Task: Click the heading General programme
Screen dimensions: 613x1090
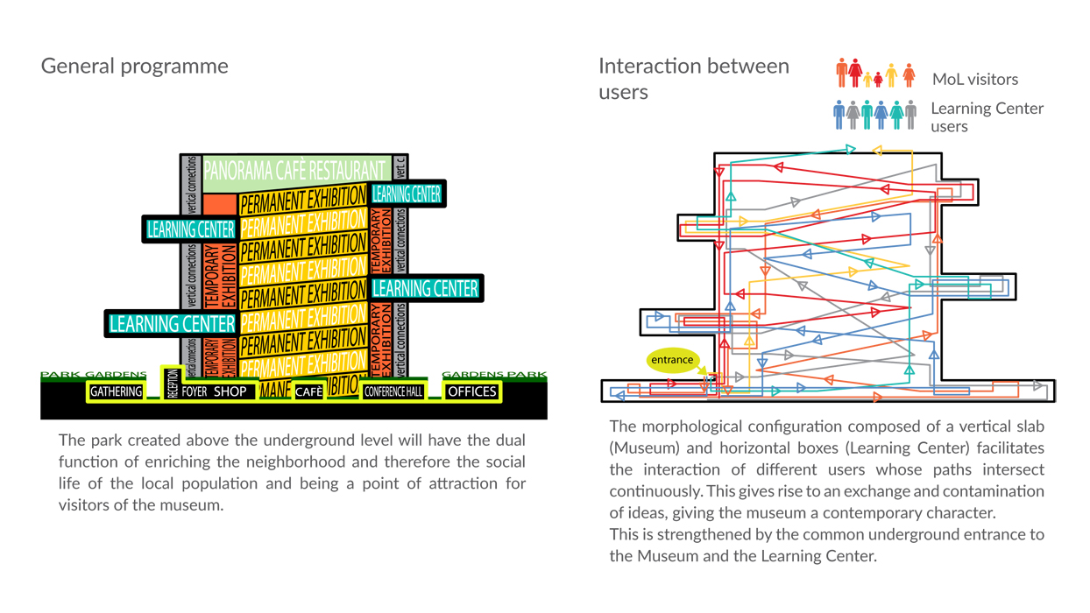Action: coord(134,67)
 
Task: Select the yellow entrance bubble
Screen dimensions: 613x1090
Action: coord(672,360)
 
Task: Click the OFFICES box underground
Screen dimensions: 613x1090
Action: coord(472,391)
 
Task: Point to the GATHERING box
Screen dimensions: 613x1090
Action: coord(117,391)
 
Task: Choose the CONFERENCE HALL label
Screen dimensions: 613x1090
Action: coord(393,391)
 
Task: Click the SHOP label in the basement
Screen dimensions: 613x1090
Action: coord(230,391)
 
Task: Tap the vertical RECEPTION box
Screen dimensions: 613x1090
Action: coord(173,384)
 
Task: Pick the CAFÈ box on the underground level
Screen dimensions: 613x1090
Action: coord(308,392)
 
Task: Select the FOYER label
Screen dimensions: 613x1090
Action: coord(195,391)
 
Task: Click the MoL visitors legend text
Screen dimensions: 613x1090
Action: coord(974,80)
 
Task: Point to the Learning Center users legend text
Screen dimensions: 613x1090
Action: coord(987,117)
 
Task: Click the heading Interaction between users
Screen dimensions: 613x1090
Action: coord(693,79)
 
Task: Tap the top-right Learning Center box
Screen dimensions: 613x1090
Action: coord(407,194)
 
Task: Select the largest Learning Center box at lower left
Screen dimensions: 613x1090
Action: coord(172,324)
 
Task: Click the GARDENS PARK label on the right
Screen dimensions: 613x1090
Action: coord(494,375)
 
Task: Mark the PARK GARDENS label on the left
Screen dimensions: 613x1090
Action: coord(94,375)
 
